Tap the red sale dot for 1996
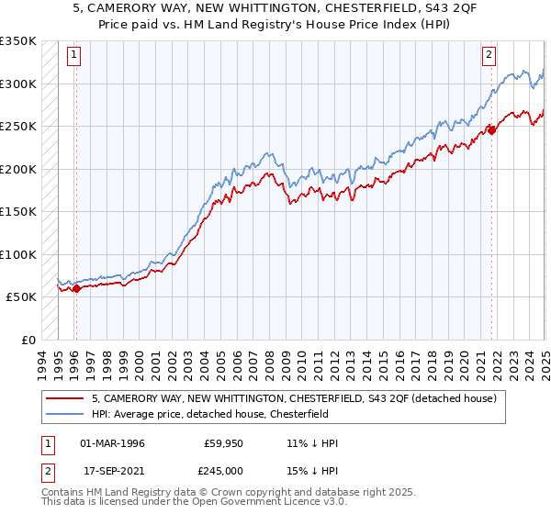pyautogui.click(x=76, y=288)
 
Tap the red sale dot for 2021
pyautogui.click(x=491, y=130)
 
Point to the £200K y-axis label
pyautogui.click(x=18, y=169)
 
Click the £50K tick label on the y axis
pyautogui.click(x=22, y=297)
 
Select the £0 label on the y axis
pyautogui.click(x=28, y=340)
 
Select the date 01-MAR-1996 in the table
pyautogui.click(x=112, y=443)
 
